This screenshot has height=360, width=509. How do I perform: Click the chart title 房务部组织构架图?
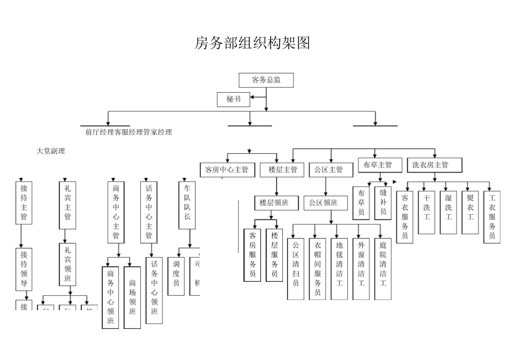coord(252,43)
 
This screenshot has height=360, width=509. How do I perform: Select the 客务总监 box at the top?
coord(266,80)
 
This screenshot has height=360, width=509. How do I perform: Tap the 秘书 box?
coord(234,99)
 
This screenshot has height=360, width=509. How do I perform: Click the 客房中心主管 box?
coord(227,170)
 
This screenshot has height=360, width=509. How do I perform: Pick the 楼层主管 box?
coord(282,170)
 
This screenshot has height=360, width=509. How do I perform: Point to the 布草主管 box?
coord(378,165)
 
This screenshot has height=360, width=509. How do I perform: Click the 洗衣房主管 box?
coord(430,165)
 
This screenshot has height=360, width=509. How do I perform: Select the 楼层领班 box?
coord(274,203)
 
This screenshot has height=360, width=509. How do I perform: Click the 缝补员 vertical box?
coord(383,202)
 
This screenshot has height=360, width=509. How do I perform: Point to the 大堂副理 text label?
coord(50,151)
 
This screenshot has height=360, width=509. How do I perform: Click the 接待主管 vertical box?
coord(24,202)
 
